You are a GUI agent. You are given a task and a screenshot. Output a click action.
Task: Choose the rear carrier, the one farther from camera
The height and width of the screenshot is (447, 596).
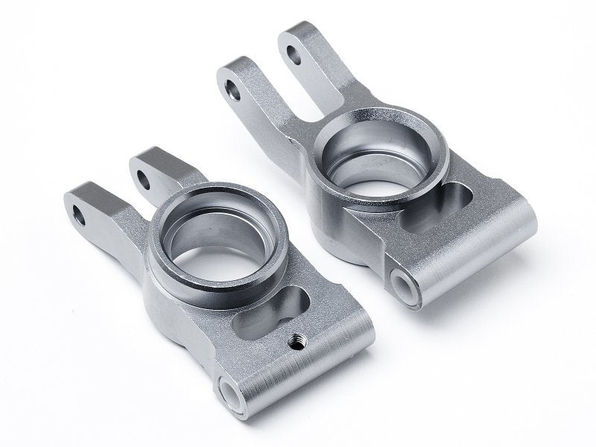[387, 186]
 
